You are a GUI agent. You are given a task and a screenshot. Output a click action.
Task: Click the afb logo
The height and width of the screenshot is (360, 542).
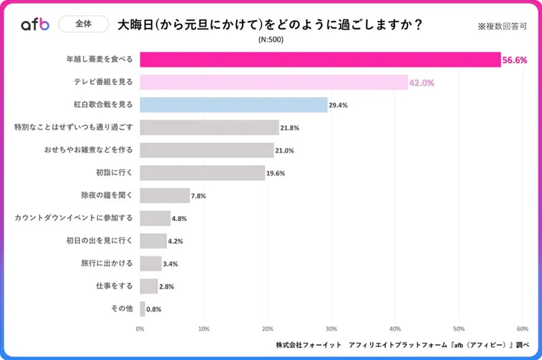(x=35, y=24)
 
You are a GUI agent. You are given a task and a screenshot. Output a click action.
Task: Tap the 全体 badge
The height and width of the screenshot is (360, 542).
(x=83, y=24)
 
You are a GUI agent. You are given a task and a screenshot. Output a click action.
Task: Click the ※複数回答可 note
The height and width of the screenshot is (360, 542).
(x=503, y=26)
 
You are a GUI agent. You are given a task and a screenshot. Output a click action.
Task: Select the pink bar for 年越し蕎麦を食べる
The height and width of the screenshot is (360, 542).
(x=320, y=60)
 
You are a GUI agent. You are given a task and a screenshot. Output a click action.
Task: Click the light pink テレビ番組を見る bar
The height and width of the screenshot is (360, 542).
(x=274, y=83)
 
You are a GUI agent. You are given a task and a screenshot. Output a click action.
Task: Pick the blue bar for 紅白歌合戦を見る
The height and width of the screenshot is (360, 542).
(x=233, y=105)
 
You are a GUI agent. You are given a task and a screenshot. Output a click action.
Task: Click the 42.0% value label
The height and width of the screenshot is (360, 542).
(x=422, y=83)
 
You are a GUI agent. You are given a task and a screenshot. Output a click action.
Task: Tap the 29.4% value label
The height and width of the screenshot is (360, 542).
(x=338, y=105)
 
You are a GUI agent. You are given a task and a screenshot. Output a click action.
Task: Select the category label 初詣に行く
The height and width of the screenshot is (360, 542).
(x=114, y=172)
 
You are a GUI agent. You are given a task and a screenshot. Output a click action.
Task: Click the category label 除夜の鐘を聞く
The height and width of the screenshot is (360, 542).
(x=107, y=195)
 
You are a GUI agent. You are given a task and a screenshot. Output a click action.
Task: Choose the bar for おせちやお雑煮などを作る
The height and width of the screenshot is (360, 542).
(x=207, y=150)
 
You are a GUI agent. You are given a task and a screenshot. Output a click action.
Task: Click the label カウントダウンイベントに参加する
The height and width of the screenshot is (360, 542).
(x=74, y=217)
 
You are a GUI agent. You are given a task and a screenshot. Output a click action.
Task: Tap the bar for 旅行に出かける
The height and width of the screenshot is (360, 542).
(x=150, y=263)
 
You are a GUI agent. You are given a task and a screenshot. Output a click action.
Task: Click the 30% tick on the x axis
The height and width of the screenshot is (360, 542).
(x=331, y=328)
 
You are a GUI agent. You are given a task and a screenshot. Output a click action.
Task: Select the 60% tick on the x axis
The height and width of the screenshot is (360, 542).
(x=521, y=328)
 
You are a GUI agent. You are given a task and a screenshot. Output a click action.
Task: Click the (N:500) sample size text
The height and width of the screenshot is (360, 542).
(x=271, y=40)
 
